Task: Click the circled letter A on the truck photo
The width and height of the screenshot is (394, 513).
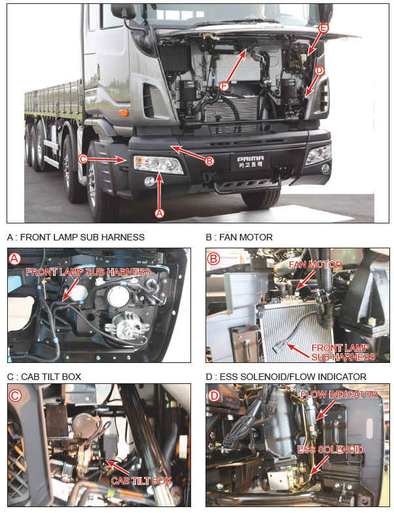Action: [158, 212]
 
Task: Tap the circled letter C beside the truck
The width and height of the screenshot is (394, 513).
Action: [83, 158]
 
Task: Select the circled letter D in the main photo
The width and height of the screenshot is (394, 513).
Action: [319, 70]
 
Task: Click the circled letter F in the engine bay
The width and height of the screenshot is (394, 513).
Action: [224, 86]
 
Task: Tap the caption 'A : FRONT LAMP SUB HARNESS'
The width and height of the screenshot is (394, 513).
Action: [75, 237]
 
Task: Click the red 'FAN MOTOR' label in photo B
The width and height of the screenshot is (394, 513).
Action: [306, 265]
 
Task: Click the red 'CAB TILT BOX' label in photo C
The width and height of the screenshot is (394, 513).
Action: [141, 480]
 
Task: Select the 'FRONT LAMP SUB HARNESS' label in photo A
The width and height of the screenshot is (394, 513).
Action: [88, 271]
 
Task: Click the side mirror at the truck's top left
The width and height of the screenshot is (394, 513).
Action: [122, 10]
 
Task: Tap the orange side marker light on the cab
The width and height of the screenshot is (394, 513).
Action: [122, 112]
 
